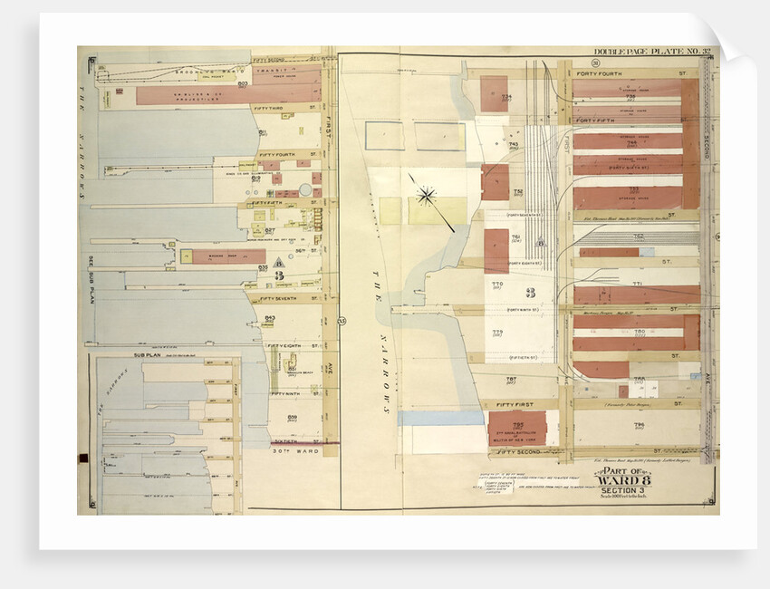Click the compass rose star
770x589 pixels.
click(x=426, y=194)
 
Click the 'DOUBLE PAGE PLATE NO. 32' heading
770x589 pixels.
click(x=644, y=53)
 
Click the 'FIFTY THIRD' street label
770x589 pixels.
click(x=274, y=109)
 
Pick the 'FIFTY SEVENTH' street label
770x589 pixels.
click(x=278, y=298)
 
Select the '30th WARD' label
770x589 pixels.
click(x=294, y=450)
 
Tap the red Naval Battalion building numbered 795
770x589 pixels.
click(x=517, y=428)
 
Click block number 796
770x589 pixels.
click(x=639, y=425)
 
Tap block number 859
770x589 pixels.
click(x=293, y=416)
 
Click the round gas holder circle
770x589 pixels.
click(x=305, y=190)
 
